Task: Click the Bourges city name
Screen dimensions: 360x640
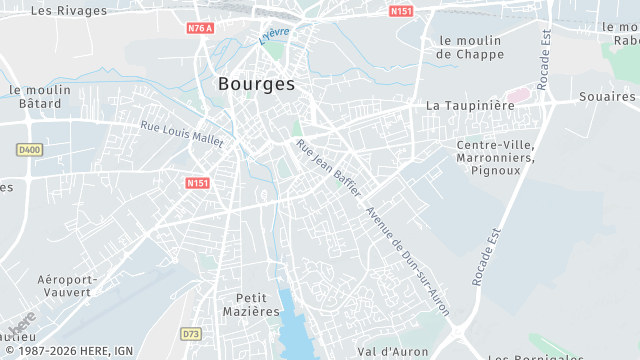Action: coord(256,84)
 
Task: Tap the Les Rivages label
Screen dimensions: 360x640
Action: coord(69,10)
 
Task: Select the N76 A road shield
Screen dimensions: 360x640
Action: coord(200,28)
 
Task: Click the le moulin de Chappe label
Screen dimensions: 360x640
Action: coord(471,47)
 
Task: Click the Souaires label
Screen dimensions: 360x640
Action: coord(607,97)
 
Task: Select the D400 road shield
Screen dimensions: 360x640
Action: coord(30,150)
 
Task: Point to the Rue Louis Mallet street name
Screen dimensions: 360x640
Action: coord(182,134)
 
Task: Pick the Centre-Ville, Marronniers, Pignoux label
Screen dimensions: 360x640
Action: coord(495,158)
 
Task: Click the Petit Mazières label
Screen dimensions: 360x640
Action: coord(258,304)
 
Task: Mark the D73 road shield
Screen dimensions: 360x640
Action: coord(192,333)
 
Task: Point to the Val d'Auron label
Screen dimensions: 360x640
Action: coord(393,352)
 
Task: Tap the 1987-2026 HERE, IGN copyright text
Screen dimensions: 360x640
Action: coord(68,350)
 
